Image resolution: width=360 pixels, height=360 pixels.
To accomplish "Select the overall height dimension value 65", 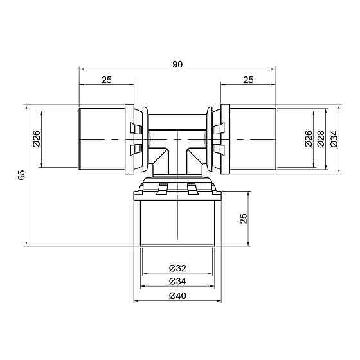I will click(x=21, y=175).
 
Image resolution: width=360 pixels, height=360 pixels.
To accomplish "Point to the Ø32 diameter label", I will click(x=177, y=267).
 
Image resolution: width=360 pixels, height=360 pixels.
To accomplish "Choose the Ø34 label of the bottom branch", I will click(x=177, y=281).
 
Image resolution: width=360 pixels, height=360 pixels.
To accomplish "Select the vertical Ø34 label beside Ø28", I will click(x=334, y=139).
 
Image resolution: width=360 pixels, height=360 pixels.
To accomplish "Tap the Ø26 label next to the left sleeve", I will click(x=36, y=139).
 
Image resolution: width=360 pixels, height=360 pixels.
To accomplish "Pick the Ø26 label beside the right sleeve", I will click(x=308, y=139).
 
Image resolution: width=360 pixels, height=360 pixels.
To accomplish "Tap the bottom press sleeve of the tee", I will click(x=177, y=222).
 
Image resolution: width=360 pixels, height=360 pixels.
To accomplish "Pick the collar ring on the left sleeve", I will click(x=130, y=139).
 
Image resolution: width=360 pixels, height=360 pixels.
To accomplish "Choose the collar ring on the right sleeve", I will click(x=224, y=139).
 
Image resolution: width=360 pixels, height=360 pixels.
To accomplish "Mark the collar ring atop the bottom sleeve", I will click(x=177, y=190).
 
